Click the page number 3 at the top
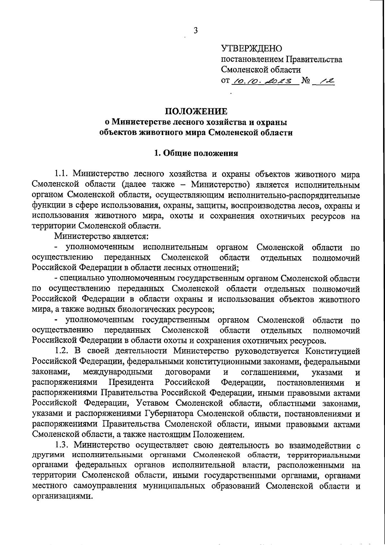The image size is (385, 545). pos(195,31)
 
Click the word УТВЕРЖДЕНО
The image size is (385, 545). pos(252,49)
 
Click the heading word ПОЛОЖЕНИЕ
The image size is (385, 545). pos(196,111)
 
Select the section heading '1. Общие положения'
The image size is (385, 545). pos(196,153)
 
